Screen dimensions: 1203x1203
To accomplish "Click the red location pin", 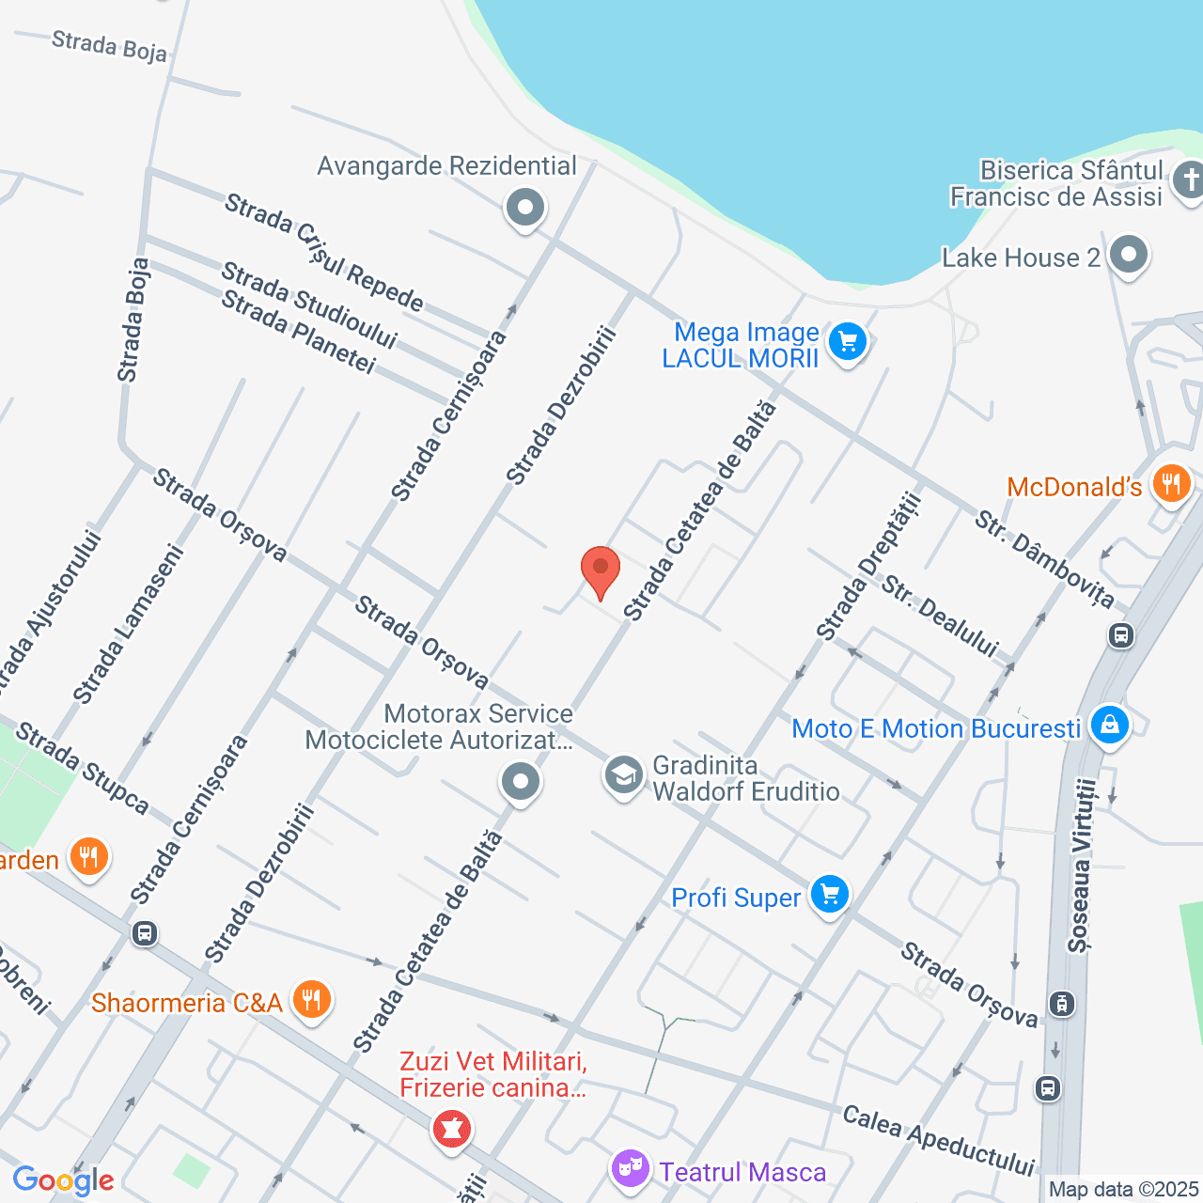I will [x=600, y=570].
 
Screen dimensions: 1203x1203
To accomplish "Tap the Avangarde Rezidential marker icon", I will [x=524, y=208].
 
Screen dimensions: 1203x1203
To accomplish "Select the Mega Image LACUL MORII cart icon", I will [x=848, y=342].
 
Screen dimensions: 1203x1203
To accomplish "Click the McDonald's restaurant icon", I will [x=1170, y=485].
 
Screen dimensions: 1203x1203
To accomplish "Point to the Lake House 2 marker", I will [x=1128, y=255].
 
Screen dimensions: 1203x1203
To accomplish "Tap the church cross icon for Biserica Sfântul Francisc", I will [x=1189, y=180].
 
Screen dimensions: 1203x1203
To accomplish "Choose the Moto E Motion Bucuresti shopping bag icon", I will [x=1110, y=726].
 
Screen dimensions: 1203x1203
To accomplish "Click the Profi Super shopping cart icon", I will [x=829, y=895].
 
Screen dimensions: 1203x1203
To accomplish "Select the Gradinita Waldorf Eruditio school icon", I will [x=623, y=776].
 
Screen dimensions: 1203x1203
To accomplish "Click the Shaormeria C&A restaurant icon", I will [x=311, y=1000].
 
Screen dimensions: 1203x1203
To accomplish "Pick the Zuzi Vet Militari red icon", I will [x=451, y=1128].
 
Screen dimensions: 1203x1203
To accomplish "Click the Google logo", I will [x=63, y=1181].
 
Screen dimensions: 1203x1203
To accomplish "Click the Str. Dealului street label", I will [x=939, y=617].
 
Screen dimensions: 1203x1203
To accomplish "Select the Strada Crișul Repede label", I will [x=324, y=252].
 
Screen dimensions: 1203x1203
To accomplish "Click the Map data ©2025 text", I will [x=1124, y=1190].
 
